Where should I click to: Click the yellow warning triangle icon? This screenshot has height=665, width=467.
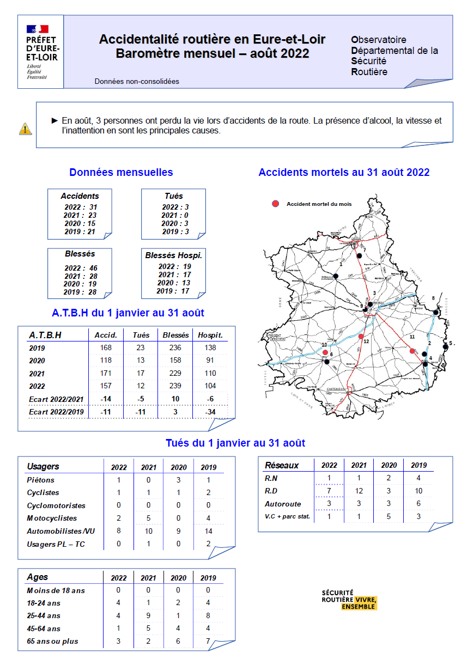coord(25,129)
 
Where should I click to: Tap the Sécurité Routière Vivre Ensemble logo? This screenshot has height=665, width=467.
coord(349,599)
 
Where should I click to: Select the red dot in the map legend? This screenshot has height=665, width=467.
coord(276,204)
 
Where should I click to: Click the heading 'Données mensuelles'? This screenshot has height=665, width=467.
coord(121,172)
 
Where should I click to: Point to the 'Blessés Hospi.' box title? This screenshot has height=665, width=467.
coord(173,255)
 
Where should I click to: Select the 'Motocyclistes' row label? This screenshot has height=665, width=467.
coord(52,518)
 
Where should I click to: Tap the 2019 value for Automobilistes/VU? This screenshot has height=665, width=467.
coord(208,531)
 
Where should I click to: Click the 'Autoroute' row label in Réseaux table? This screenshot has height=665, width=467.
coord(283,504)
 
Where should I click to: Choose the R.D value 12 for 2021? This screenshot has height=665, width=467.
coord(359,491)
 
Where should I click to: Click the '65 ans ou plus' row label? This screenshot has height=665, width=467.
coord(52,641)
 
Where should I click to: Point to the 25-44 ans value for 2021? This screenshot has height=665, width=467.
coord(148,615)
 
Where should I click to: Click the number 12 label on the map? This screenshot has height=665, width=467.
coord(366,341)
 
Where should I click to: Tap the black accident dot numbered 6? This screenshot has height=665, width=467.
coord(327,362)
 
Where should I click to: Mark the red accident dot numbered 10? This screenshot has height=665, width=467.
coord(325,352)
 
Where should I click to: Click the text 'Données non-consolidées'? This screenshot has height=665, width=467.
coord(137,82)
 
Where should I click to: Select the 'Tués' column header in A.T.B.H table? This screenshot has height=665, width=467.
coord(141,335)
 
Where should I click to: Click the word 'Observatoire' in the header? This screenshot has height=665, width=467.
coord(379,40)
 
